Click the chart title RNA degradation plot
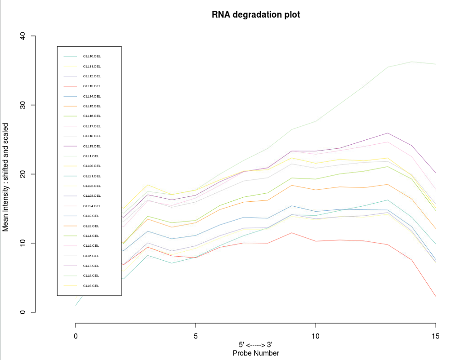click(x=255, y=14)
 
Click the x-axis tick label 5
click(x=196, y=336)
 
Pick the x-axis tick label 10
click(x=316, y=336)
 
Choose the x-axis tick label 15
click(x=435, y=336)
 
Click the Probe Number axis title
click(x=255, y=353)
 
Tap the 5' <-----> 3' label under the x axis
click(x=255, y=345)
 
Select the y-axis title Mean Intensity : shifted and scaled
click(x=6, y=174)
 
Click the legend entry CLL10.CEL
click(x=92, y=57)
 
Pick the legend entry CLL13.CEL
click(x=92, y=86)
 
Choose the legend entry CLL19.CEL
click(x=92, y=147)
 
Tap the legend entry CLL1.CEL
click(x=91, y=156)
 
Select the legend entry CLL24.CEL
click(x=92, y=206)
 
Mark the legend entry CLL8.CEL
click(x=91, y=276)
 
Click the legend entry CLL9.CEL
click(x=91, y=286)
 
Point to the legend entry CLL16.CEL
click(x=92, y=116)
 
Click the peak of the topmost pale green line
click(x=411, y=62)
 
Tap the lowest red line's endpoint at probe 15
click(x=435, y=296)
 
